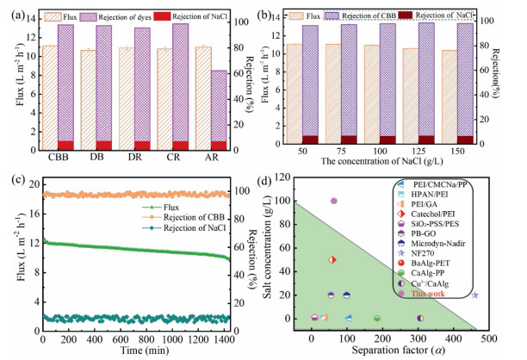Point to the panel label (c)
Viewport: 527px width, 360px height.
point(14,180)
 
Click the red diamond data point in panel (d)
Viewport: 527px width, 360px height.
point(332,259)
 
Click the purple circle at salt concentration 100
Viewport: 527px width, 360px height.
point(334,201)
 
